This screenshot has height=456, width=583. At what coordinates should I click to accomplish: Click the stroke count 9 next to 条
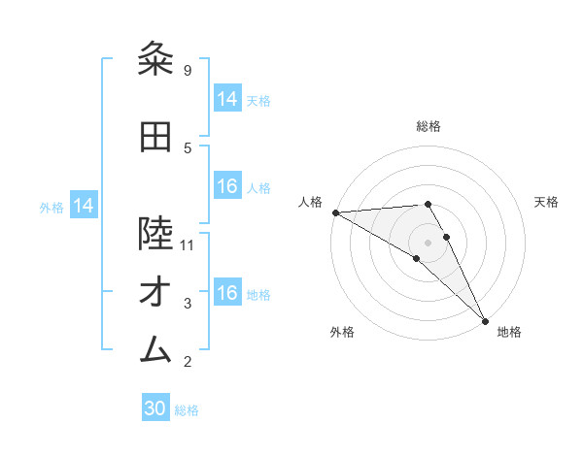[187, 70]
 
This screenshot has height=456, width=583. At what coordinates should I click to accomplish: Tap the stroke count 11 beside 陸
[188, 244]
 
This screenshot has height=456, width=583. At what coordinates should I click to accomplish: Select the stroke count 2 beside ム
[187, 362]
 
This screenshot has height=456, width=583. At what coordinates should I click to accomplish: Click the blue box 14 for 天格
[227, 99]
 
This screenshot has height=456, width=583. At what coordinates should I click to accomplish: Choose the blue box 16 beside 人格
[227, 186]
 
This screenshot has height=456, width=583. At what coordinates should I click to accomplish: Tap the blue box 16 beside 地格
[227, 293]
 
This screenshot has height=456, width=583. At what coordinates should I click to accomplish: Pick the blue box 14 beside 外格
[83, 206]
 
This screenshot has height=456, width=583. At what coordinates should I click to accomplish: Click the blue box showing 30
[155, 408]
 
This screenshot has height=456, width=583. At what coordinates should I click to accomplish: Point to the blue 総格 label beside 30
[187, 410]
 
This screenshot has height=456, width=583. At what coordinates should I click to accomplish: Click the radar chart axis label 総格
[429, 126]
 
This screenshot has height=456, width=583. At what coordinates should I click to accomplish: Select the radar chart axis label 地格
[509, 332]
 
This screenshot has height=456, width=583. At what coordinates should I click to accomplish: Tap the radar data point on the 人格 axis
[335, 212]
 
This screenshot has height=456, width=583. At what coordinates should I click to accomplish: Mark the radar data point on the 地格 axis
[484, 320]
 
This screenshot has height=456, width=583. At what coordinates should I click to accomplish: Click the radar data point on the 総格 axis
[428, 204]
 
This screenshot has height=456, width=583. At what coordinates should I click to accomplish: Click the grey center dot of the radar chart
[428, 242]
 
